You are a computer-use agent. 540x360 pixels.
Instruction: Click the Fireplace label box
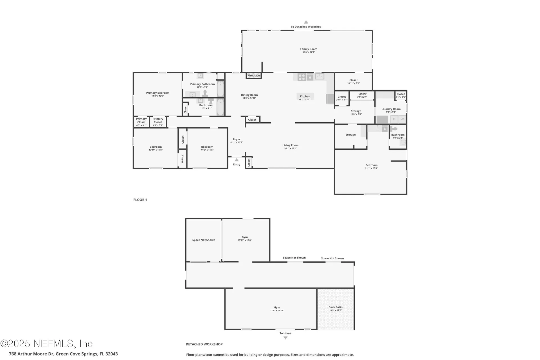(x=254, y=75)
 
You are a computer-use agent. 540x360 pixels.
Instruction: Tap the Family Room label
(x=309, y=49)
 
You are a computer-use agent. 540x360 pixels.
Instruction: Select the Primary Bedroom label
(x=158, y=93)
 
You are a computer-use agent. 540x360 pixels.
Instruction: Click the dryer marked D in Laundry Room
(x=394, y=119)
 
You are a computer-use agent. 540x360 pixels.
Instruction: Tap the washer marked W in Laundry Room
(x=402, y=119)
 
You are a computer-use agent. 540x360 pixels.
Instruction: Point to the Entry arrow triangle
(x=237, y=160)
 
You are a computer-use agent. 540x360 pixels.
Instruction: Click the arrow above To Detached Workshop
(x=306, y=22)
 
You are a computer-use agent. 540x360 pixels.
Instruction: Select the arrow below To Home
(x=285, y=338)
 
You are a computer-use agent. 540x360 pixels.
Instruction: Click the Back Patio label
(x=336, y=307)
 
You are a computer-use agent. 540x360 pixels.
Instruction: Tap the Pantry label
(x=362, y=94)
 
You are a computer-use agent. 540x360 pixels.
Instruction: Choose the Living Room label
(x=290, y=145)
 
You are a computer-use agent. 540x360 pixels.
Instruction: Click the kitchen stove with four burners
(x=301, y=77)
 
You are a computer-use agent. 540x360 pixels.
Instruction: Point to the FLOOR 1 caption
(x=140, y=200)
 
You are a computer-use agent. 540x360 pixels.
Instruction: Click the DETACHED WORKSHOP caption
(x=204, y=344)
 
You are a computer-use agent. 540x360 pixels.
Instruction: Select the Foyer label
(x=237, y=139)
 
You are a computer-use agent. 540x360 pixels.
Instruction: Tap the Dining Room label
(x=249, y=95)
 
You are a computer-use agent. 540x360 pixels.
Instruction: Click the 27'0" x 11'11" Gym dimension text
(x=277, y=311)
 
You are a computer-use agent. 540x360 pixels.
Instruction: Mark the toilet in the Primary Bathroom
(x=205, y=93)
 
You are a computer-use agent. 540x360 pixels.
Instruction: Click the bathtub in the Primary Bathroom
(x=220, y=89)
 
